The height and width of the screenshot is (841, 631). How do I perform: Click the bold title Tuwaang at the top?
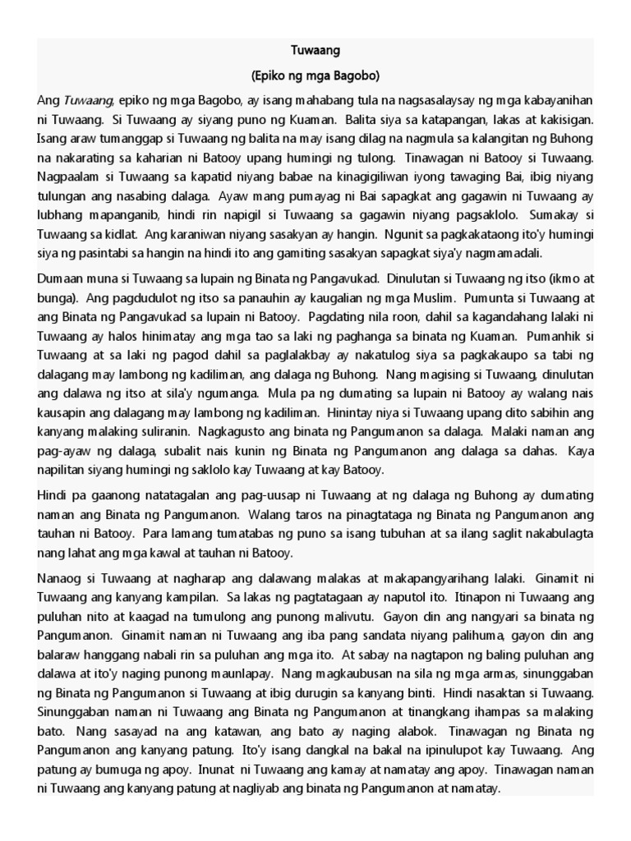(x=315, y=51)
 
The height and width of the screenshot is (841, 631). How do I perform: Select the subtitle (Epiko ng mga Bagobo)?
(x=315, y=76)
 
